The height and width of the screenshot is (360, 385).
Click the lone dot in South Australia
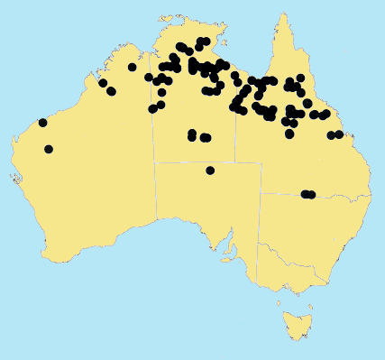[x=210, y=170]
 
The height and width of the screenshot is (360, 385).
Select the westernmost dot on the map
[x=42, y=123]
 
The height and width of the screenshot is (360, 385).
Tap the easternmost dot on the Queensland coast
[x=339, y=134]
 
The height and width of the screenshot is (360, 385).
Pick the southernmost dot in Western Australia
[x=48, y=149]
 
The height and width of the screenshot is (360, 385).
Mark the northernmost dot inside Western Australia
[x=133, y=67]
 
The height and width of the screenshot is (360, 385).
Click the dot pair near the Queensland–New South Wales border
[x=307, y=194]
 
